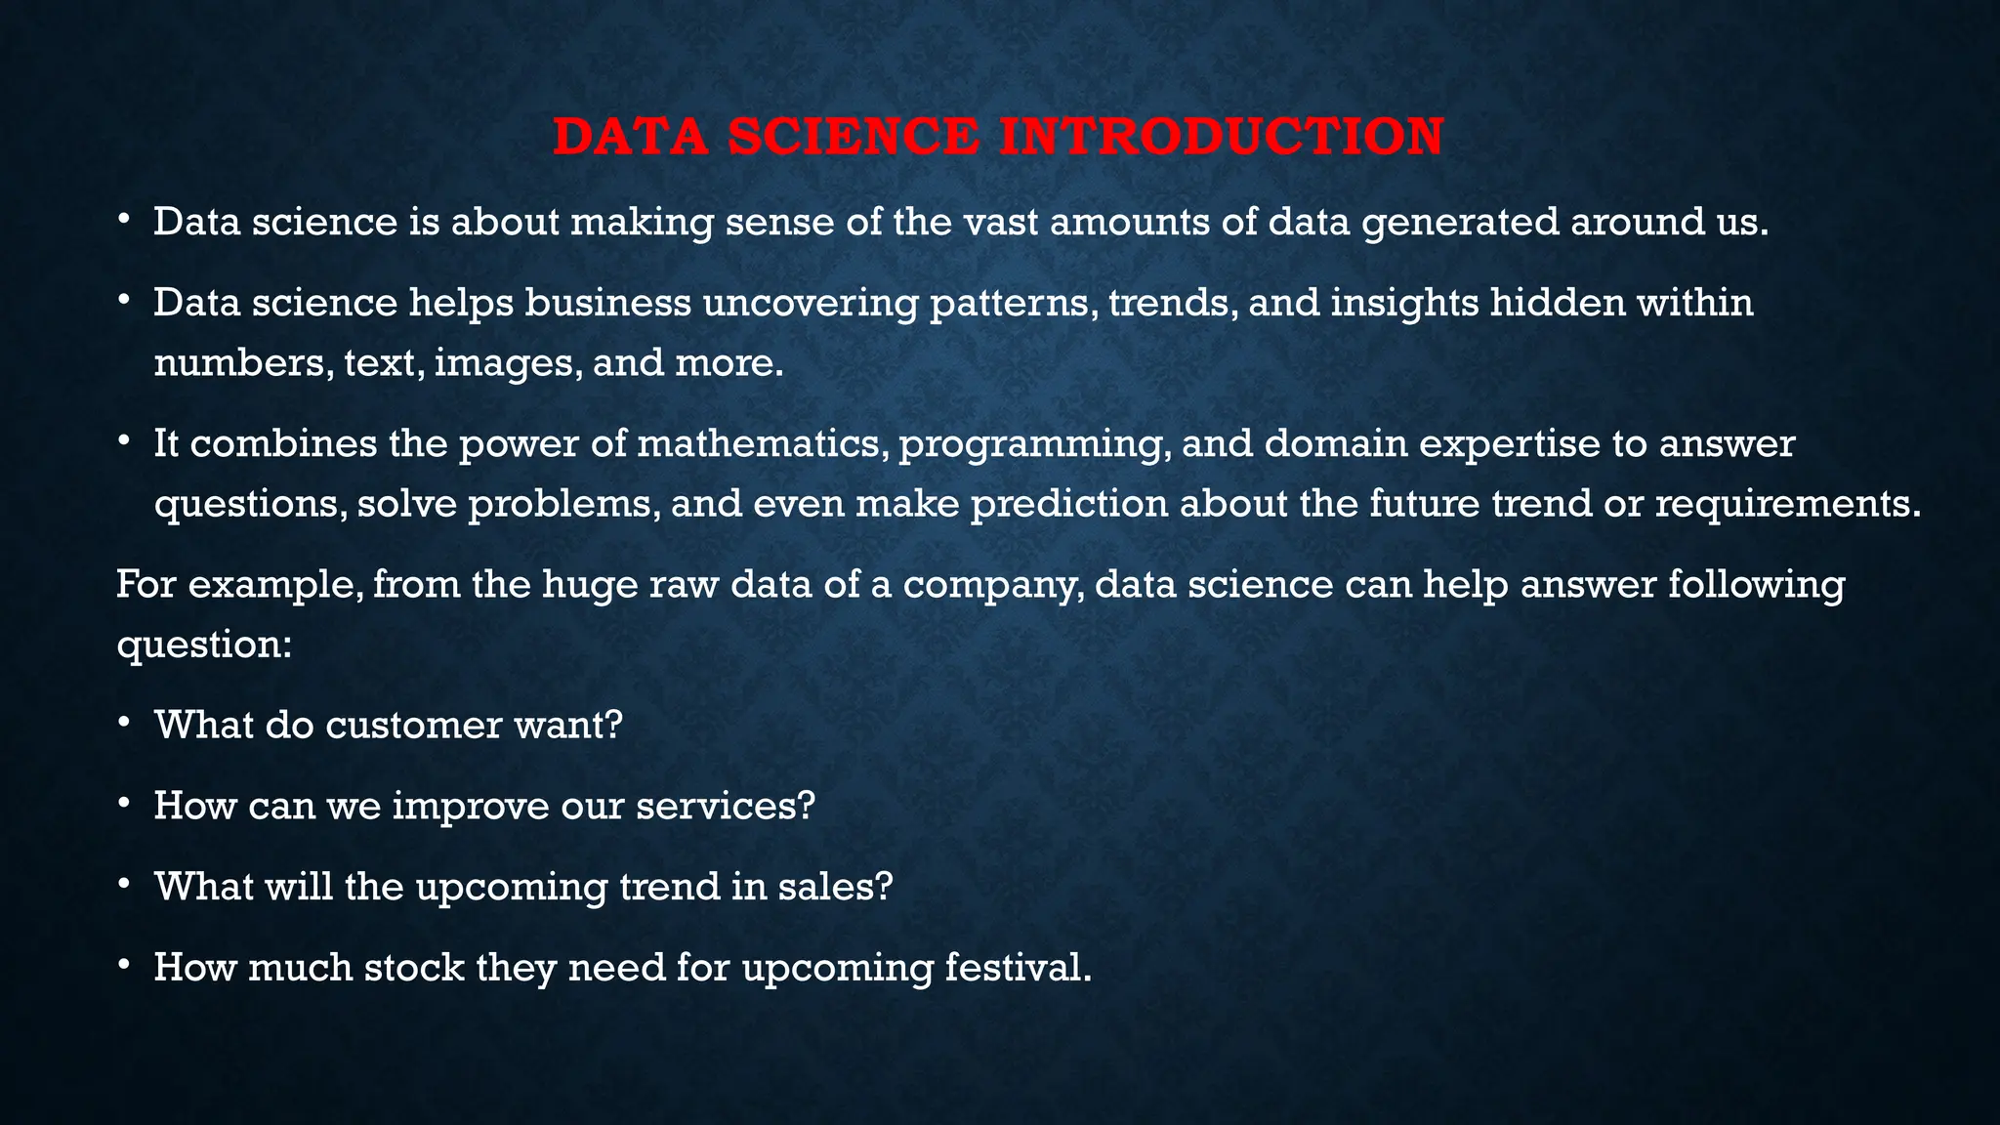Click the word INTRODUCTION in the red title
tap(1222, 136)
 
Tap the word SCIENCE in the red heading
tap(854, 136)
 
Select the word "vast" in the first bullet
tap(1001, 222)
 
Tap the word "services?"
tap(725, 806)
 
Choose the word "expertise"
tap(1509, 445)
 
